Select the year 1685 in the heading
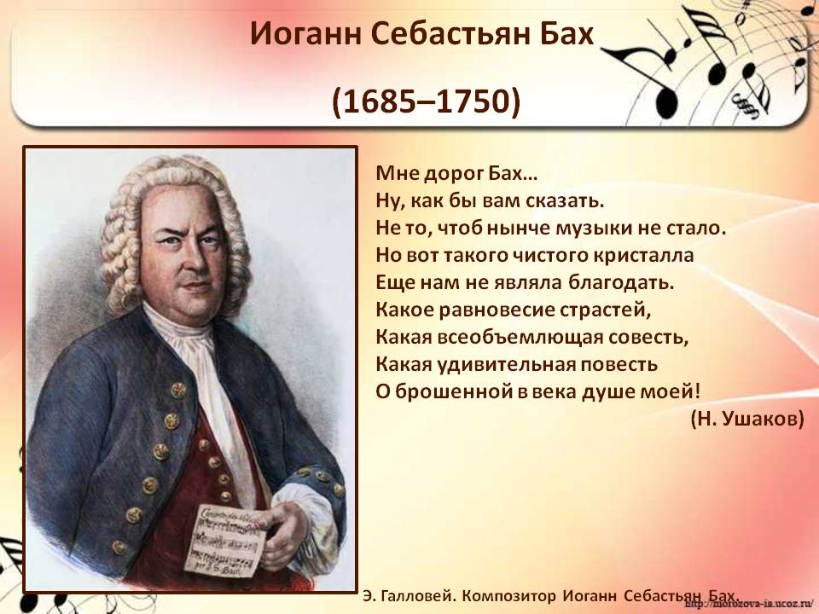383,101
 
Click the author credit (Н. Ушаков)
747,420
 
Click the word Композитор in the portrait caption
509,596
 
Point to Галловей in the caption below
418,596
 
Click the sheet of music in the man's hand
225,541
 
